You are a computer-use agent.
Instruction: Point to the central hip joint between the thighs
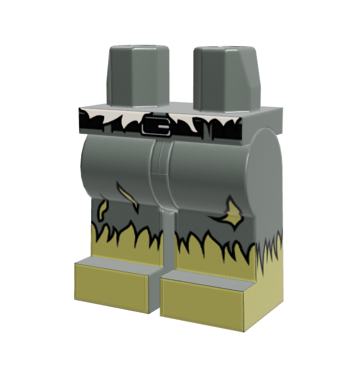(160, 165)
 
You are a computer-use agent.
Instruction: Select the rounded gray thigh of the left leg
(118, 165)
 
